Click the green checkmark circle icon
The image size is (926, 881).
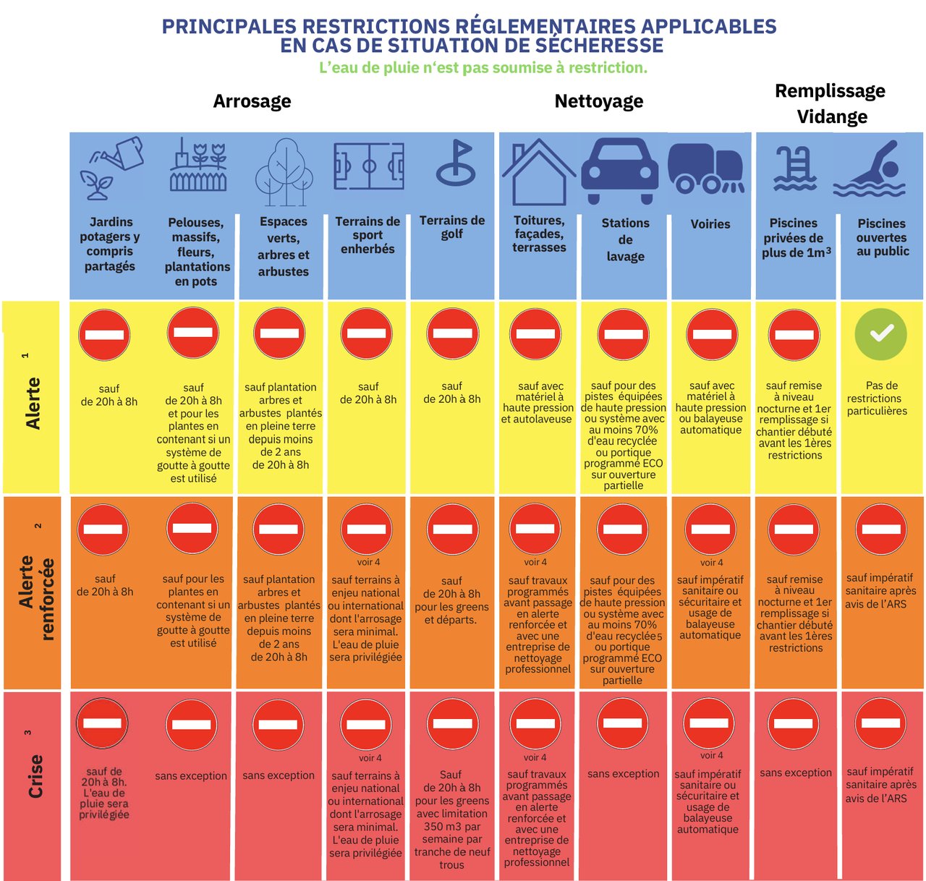tap(880, 334)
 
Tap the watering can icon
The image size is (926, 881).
tap(111, 168)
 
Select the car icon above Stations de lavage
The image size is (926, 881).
tap(619, 171)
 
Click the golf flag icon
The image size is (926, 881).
tap(456, 163)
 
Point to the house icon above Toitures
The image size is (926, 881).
tap(538, 171)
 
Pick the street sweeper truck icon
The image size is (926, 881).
tap(706, 169)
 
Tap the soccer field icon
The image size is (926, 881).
tap(369, 166)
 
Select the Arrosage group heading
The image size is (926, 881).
tap(252, 101)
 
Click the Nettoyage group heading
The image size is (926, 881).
tap(599, 101)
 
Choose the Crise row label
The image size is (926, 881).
tap(35, 776)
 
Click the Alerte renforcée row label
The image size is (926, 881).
tap(37, 598)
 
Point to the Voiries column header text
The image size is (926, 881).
tap(710, 224)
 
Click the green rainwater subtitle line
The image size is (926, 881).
tap(483, 68)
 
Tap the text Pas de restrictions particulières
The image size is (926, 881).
tap(877, 398)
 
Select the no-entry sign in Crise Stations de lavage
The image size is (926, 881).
tap(623, 723)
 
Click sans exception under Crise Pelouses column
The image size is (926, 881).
tap(191, 776)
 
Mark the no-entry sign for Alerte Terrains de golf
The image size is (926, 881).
tap(453, 333)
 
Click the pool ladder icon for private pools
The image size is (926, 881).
tap(794, 169)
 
